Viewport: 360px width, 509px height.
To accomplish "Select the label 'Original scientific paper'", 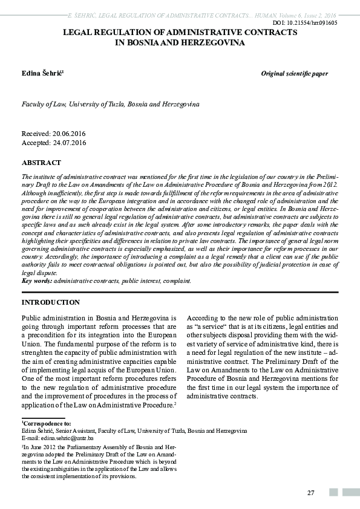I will click(x=294, y=74).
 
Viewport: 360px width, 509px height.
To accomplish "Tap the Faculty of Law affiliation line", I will click(x=110, y=104).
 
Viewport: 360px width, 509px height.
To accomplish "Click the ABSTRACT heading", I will click(x=41, y=163).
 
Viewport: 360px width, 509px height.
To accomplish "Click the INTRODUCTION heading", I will click(x=50, y=302).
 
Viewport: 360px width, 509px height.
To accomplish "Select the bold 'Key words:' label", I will click(x=37, y=281).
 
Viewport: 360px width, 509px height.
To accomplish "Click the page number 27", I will click(x=310, y=493).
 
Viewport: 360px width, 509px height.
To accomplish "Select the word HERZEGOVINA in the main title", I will click(x=213, y=44).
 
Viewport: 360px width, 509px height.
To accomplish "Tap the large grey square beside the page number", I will click(x=350, y=493).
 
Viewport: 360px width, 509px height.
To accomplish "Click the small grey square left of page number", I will click(x=333, y=493).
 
